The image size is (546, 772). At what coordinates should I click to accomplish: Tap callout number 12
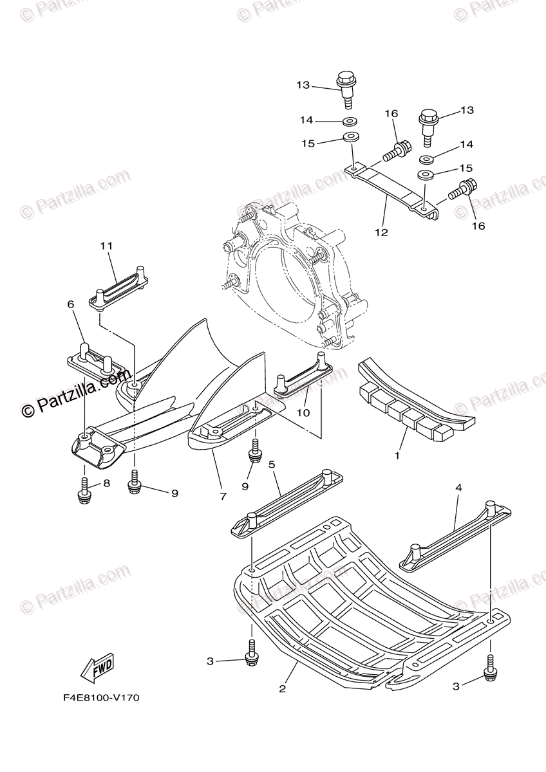(x=382, y=232)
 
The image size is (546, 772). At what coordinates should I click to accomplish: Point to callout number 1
(x=397, y=455)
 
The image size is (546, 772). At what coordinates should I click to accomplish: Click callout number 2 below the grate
(x=282, y=688)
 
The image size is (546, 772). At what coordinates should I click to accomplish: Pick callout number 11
(x=106, y=246)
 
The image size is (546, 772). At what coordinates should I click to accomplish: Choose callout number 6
(x=71, y=304)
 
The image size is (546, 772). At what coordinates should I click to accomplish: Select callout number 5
(x=272, y=464)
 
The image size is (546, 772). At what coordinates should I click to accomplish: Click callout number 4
(x=458, y=488)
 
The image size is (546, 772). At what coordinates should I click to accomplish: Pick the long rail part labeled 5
(x=287, y=501)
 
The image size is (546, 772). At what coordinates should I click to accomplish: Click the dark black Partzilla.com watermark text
(x=76, y=392)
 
